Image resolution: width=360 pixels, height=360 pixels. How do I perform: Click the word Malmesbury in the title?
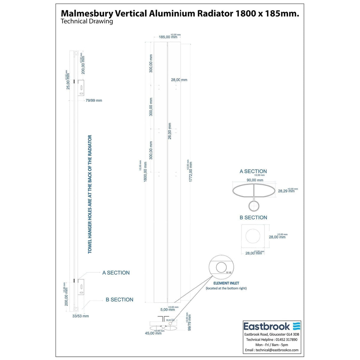click(x=86, y=14)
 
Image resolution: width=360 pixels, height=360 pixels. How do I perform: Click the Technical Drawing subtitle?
click(x=87, y=21)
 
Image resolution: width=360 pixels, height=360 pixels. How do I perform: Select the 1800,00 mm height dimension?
click(x=145, y=171)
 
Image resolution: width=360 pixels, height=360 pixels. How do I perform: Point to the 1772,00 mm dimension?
click(x=191, y=171)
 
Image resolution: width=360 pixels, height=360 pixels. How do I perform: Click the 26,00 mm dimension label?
click(x=170, y=131)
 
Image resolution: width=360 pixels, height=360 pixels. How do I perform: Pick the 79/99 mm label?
click(x=94, y=101)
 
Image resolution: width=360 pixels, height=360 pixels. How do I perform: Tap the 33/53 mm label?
click(x=80, y=316)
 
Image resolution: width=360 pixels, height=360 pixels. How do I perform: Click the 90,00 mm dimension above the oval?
click(x=255, y=180)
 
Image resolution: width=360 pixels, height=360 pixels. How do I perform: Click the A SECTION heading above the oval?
click(x=253, y=171)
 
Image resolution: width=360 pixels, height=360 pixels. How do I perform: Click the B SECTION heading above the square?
click(x=253, y=217)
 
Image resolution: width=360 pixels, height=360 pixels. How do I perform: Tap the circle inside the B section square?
click(x=253, y=236)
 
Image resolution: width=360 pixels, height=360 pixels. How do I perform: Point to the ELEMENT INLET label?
click(x=226, y=283)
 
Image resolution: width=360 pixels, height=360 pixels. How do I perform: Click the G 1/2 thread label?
click(x=229, y=272)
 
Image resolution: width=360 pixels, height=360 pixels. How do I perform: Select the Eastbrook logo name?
click(x=267, y=326)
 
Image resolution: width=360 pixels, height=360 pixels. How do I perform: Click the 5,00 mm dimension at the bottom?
click(x=168, y=310)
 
